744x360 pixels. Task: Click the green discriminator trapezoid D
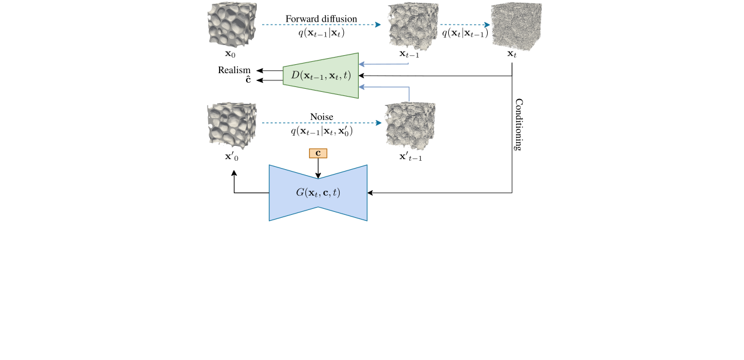[321, 76]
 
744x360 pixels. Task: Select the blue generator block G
[318, 193]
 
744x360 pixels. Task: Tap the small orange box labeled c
[318, 154]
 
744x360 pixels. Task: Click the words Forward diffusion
[321, 19]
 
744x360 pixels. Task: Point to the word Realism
[234, 70]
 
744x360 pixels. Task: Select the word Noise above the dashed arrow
[321, 116]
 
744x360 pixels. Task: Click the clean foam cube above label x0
[232, 24]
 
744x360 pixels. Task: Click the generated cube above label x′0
[232, 124]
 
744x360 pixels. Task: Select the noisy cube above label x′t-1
[410, 126]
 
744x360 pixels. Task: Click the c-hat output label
[248, 80]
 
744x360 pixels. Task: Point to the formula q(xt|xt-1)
[465, 34]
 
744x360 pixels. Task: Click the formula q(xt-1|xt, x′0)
[321, 131]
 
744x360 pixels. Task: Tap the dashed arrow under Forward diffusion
[321, 25]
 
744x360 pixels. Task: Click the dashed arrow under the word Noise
[321, 123]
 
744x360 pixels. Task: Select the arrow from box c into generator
[318, 168]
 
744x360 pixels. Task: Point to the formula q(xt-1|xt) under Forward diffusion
[321, 34]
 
